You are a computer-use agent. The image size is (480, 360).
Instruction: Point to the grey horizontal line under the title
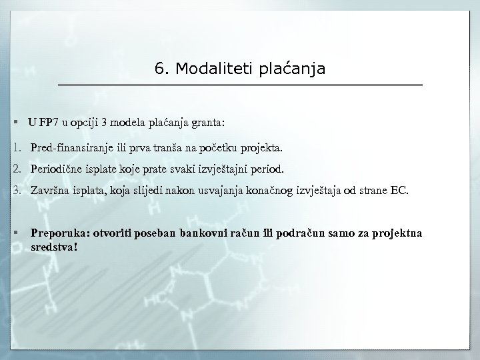pos(240,85)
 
